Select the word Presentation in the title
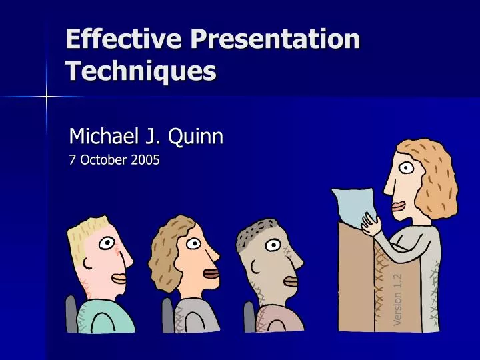(275, 39)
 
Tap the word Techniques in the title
(141, 70)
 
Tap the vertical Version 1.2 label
(398, 299)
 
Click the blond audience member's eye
(107, 243)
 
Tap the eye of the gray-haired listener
(272, 245)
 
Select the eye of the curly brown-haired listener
(193, 243)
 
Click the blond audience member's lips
(119, 277)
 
